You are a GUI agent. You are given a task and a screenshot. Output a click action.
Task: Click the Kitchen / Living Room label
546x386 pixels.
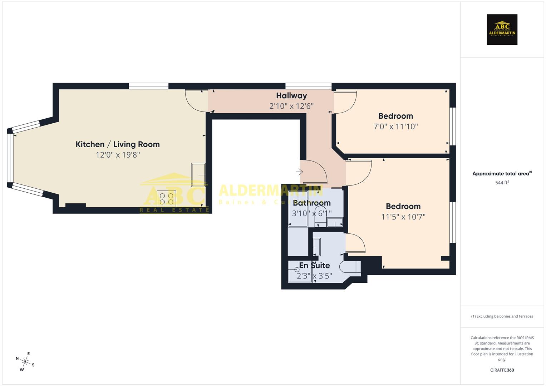tap(117, 144)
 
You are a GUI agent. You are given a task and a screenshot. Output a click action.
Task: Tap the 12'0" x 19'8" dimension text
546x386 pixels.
tap(117, 155)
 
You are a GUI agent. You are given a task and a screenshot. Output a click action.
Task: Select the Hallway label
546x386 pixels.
tap(291, 96)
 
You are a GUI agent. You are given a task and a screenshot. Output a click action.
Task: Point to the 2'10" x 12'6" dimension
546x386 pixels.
tap(291, 106)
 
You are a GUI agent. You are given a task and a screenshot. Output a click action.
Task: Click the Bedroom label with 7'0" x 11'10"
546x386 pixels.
tap(395, 116)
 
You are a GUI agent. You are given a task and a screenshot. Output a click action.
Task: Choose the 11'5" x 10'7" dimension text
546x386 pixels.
tap(403, 217)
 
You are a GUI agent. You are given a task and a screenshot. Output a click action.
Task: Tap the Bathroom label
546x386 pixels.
tap(311, 203)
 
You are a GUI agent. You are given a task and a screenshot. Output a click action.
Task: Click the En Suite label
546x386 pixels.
tap(314, 266)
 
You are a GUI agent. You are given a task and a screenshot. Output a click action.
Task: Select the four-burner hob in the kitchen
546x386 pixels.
tap(166, 199)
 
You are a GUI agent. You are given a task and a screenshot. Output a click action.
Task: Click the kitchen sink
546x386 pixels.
tap(198, 175)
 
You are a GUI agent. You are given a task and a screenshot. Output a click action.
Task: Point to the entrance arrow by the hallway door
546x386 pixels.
tap(299, 172)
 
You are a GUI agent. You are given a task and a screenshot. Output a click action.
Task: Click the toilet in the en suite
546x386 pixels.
tap(349, 267)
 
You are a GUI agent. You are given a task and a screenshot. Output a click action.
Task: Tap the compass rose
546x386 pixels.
tap(25, 361)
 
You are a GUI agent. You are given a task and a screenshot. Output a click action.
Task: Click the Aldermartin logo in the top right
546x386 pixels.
tap(502, 30)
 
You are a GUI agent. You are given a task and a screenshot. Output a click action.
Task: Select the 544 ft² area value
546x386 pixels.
tap(502, 183)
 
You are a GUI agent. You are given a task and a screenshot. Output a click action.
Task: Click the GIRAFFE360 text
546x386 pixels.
tap(502, 370)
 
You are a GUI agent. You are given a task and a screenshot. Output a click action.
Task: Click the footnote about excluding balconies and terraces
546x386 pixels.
tap(502, 316)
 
